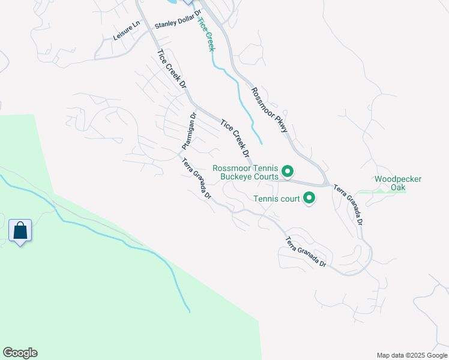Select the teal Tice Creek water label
coord(206,34)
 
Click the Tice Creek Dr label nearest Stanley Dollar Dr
coord(172,70)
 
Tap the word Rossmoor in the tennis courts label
coord(232,169)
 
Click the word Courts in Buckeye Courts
coord(265,177)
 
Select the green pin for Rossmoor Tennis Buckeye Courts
coord(288,172)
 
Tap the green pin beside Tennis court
coord(309,197)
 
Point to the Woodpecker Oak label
coord(398,183)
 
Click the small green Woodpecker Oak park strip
coord(390,191)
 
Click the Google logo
coord(20,353)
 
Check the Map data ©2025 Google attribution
coord(411,355)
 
